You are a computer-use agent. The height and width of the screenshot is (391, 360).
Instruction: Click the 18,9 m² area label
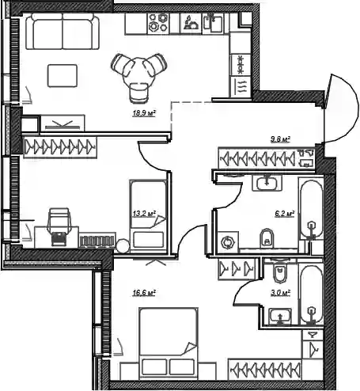(x=144, y=113)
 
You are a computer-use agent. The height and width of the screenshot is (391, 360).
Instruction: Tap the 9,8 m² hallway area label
(x=280, y=139)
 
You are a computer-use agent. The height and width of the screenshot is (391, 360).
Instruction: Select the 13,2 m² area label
(x=144, y=214)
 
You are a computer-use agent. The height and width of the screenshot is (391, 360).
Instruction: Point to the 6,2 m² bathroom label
(x=285, y=214)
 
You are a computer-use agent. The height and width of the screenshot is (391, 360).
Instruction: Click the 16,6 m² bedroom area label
(x=144, y=293)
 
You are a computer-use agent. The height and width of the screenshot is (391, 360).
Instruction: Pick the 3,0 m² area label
(x=280, y=293)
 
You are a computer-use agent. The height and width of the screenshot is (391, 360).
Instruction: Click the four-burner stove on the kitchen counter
(x=158, y=22)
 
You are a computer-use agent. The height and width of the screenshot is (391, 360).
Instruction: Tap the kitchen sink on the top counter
(x=213, y=23)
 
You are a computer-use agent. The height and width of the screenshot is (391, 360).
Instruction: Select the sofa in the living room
(x=63, y=31)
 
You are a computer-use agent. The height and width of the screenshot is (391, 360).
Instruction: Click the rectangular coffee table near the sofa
(x=63, y=76)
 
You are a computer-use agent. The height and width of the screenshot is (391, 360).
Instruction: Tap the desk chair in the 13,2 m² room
(x=59, y=227)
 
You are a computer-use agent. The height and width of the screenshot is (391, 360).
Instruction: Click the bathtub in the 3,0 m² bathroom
(x=312, y=294)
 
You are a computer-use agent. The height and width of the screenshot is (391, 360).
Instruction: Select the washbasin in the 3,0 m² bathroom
(x=280, y=316)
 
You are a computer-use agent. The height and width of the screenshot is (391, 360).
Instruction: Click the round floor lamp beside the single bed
(x=123, y=246)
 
